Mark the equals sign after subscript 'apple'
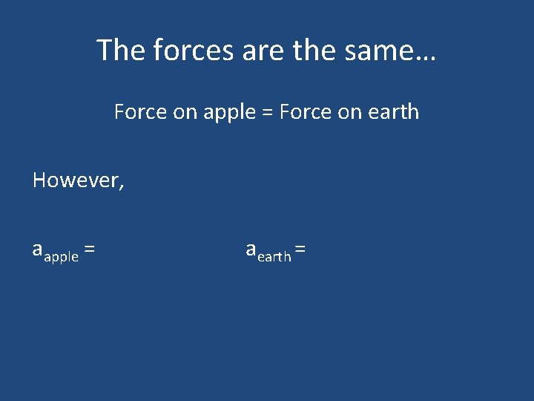(x=89, y=251)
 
